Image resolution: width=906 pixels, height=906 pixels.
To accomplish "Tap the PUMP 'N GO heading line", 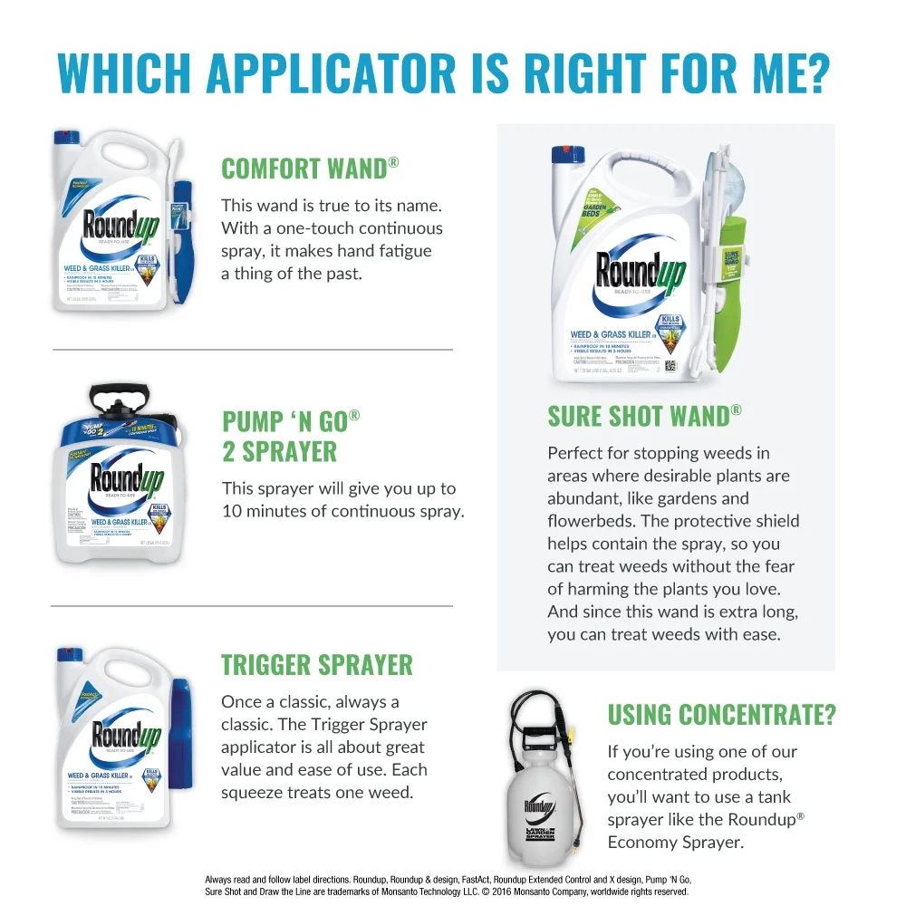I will pos(291,421).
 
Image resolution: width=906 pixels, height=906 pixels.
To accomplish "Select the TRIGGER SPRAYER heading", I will pos(317,665).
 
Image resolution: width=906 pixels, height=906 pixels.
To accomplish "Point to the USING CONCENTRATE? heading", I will pos(721,715).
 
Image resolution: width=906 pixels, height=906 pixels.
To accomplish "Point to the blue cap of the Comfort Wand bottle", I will pos(65,139).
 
